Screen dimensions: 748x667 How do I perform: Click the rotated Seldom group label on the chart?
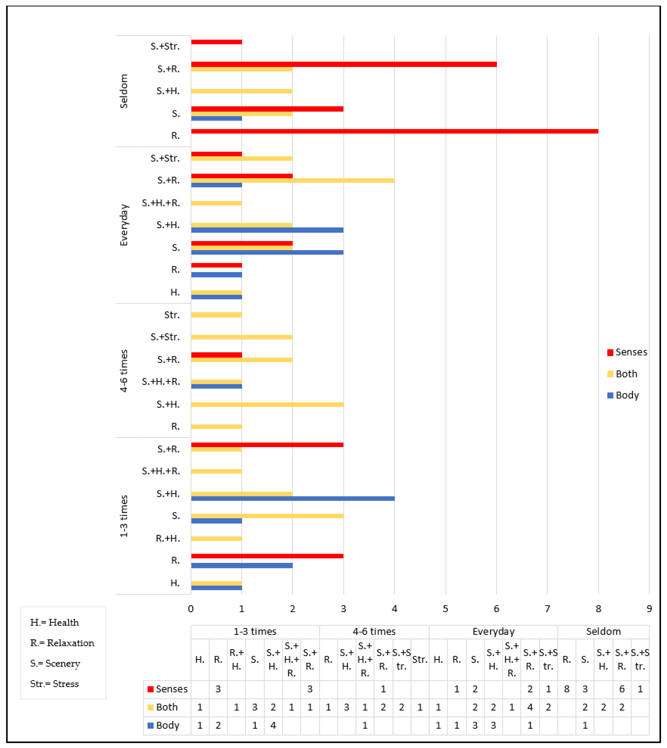pyautogui.click(x=124, y=91)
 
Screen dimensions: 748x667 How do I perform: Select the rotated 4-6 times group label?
pyautogui.click(x=124, y=371)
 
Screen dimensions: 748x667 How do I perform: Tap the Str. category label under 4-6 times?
pyautogui.click(x=172, y=315)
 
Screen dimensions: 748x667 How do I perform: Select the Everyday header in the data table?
pyautogui.click(x=493, y=631)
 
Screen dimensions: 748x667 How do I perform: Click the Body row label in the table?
pyautogui.click(x=167, y=725)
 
